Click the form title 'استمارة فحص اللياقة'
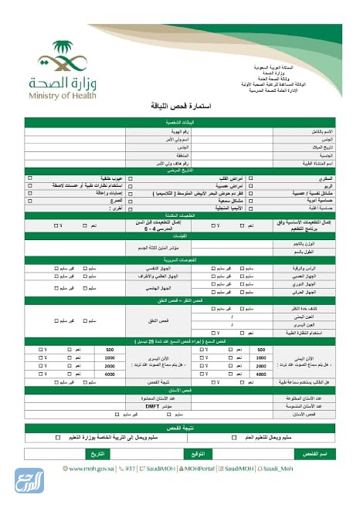180,107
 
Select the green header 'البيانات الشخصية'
179,123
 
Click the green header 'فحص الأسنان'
179,391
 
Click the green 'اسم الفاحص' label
314,454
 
